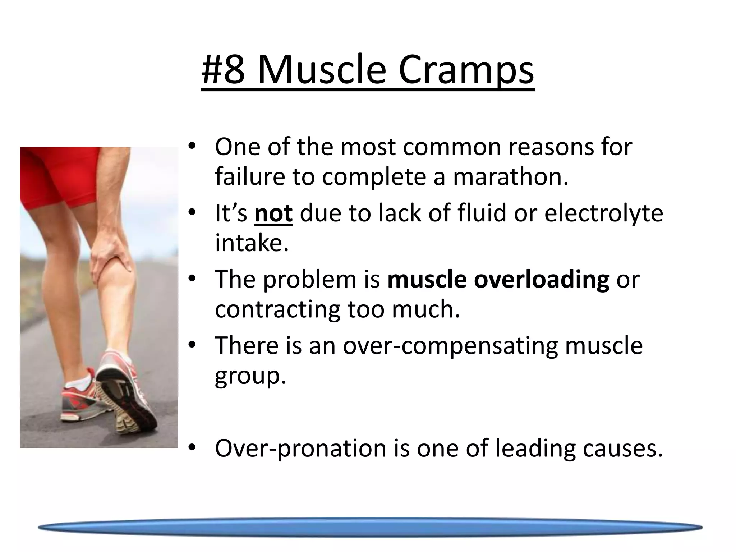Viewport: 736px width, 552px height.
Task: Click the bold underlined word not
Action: [x=273, y=213]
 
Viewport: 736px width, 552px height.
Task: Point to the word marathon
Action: [x=510, y=177]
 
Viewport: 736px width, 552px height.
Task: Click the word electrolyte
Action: [x=603, y=213]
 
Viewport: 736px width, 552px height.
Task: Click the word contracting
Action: [x=277, y=309]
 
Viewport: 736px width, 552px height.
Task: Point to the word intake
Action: [x=251, y=243]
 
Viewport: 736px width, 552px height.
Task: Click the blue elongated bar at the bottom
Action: [x=370, y=528]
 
